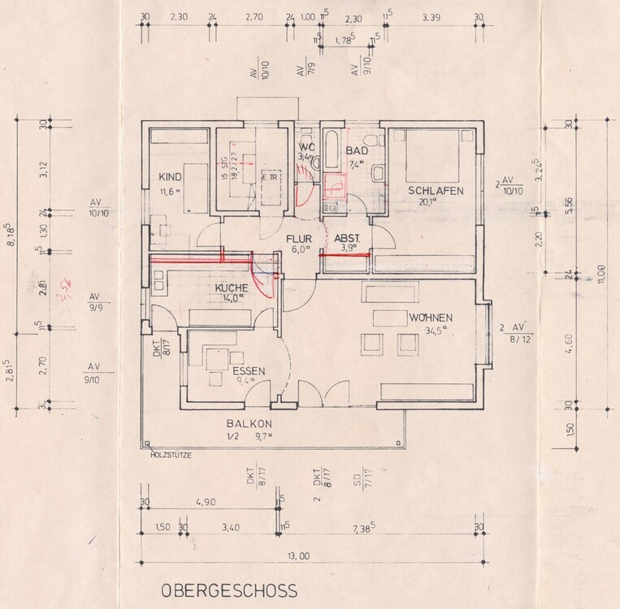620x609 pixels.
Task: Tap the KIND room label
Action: click(x=169, y=175)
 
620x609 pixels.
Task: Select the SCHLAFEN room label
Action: click(x=436, y=191)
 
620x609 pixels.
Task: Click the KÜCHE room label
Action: click(x=232, y=287)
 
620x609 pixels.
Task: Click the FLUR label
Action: click(x=298, y=239)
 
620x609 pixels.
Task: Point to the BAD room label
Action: click(x=357, y=152)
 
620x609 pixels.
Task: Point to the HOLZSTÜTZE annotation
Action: click(x=171, y=455)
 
